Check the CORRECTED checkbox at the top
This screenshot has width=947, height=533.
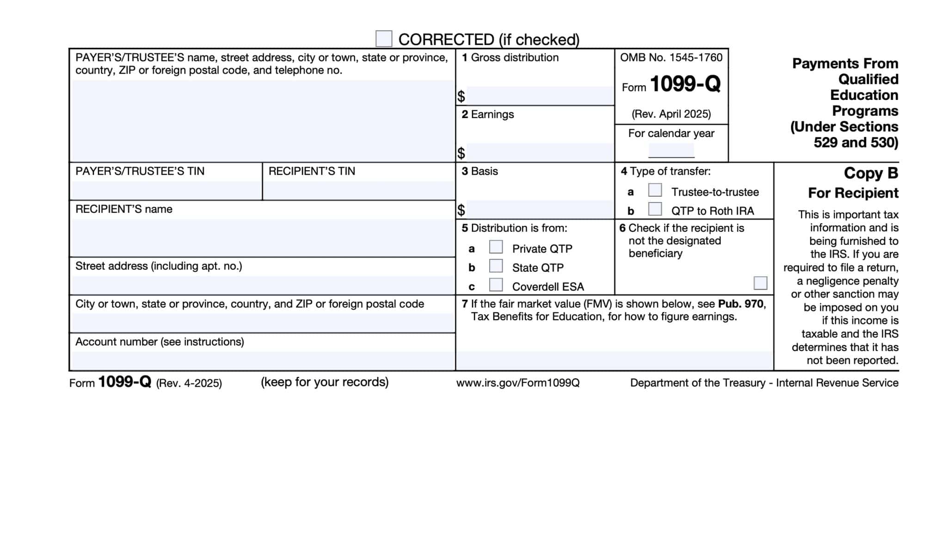coord(383,39)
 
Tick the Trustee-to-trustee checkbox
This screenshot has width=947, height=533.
coord(655,190)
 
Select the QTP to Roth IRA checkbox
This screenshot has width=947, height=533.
coord(655,209)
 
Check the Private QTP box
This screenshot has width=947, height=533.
coord(496,247)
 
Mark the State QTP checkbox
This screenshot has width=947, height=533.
coord(496,266)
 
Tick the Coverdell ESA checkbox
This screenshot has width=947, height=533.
coord(496,285)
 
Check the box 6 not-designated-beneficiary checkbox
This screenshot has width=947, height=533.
coord(760,283)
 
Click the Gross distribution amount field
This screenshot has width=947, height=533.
coord(540,96)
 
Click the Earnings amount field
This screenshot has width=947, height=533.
coord(540,152)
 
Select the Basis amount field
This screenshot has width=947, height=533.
coord(540,210)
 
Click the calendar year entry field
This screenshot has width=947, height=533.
coord(671,150)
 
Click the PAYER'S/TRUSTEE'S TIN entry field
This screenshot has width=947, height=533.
coord(166,190)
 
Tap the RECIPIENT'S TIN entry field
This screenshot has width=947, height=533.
coord(358,190)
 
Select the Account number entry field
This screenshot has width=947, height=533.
coord(262,360)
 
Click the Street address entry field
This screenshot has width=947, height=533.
coord(262,285)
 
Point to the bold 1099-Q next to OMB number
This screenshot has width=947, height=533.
coord(685,84)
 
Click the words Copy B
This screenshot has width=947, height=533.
coord(871,173)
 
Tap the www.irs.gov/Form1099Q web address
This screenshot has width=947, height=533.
coord(517,383)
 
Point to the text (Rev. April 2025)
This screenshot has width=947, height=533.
coord(671,114)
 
